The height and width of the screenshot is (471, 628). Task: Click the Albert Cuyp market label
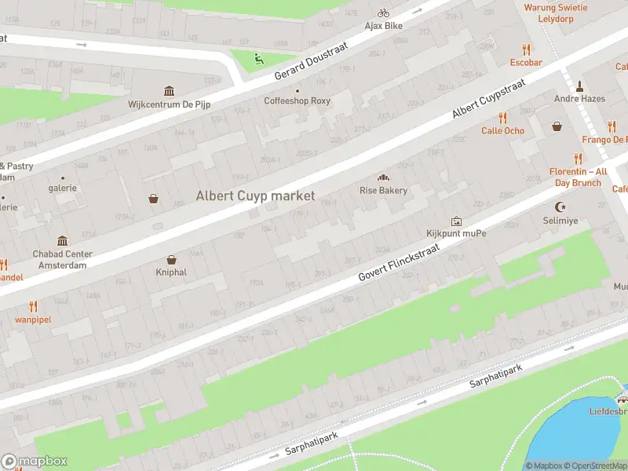tap(255, 195)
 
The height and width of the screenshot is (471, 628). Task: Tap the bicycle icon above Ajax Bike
tap(383, 13)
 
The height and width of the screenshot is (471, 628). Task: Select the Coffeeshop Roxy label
tap(297, 100)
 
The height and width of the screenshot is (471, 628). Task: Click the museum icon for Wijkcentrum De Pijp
tap(169, 91)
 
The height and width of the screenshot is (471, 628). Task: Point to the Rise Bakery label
tap(383, 190)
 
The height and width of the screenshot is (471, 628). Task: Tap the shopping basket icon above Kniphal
tap(171, 260)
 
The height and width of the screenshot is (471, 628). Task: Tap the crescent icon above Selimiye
tap(560, 207)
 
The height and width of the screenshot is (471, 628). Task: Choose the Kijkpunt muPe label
tap(456, 234)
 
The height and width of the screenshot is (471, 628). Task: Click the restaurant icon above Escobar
tap(526, 49)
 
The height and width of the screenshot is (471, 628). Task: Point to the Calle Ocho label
tap(502, 130)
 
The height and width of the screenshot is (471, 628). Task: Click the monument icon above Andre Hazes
tap(579, 86)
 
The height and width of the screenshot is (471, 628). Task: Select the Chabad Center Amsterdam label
tap(62, 259)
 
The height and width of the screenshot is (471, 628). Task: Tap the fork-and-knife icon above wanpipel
tap(33, 306)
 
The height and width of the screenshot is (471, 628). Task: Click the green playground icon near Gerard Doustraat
tap(259, 57)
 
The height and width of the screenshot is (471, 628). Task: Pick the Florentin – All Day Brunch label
tap(579, 177)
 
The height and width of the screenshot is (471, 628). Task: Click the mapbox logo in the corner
tap(35, 462)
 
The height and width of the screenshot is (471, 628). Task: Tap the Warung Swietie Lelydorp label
tap(556, 13)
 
